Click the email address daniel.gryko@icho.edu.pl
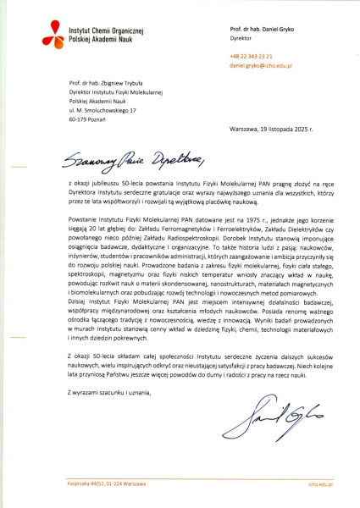(x=262, y=64)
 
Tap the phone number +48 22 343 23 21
(x=249, y=56)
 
